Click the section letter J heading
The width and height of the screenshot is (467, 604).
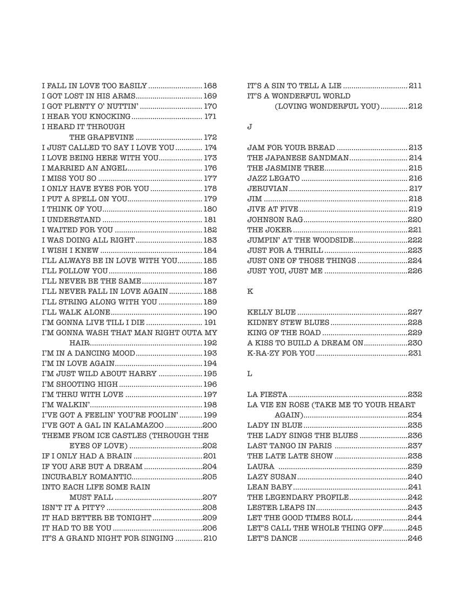coord(250,127)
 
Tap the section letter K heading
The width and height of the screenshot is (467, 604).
coord(250,292)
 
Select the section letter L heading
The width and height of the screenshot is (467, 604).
coord(250,374)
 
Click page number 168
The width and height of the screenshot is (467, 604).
coord(210,86)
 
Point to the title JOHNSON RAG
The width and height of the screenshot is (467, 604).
coord(275,220)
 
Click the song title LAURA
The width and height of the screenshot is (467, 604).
coord(261,467)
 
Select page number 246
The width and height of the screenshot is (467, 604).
coord(415,539)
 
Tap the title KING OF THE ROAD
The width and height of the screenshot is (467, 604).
coord(284,333)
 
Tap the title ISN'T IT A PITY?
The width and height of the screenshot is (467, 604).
coord(73,508)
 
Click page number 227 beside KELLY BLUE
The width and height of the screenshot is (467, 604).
coord(415,312)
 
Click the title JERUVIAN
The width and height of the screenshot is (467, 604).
coord(267,189)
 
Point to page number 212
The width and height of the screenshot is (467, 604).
coord(415,106)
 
